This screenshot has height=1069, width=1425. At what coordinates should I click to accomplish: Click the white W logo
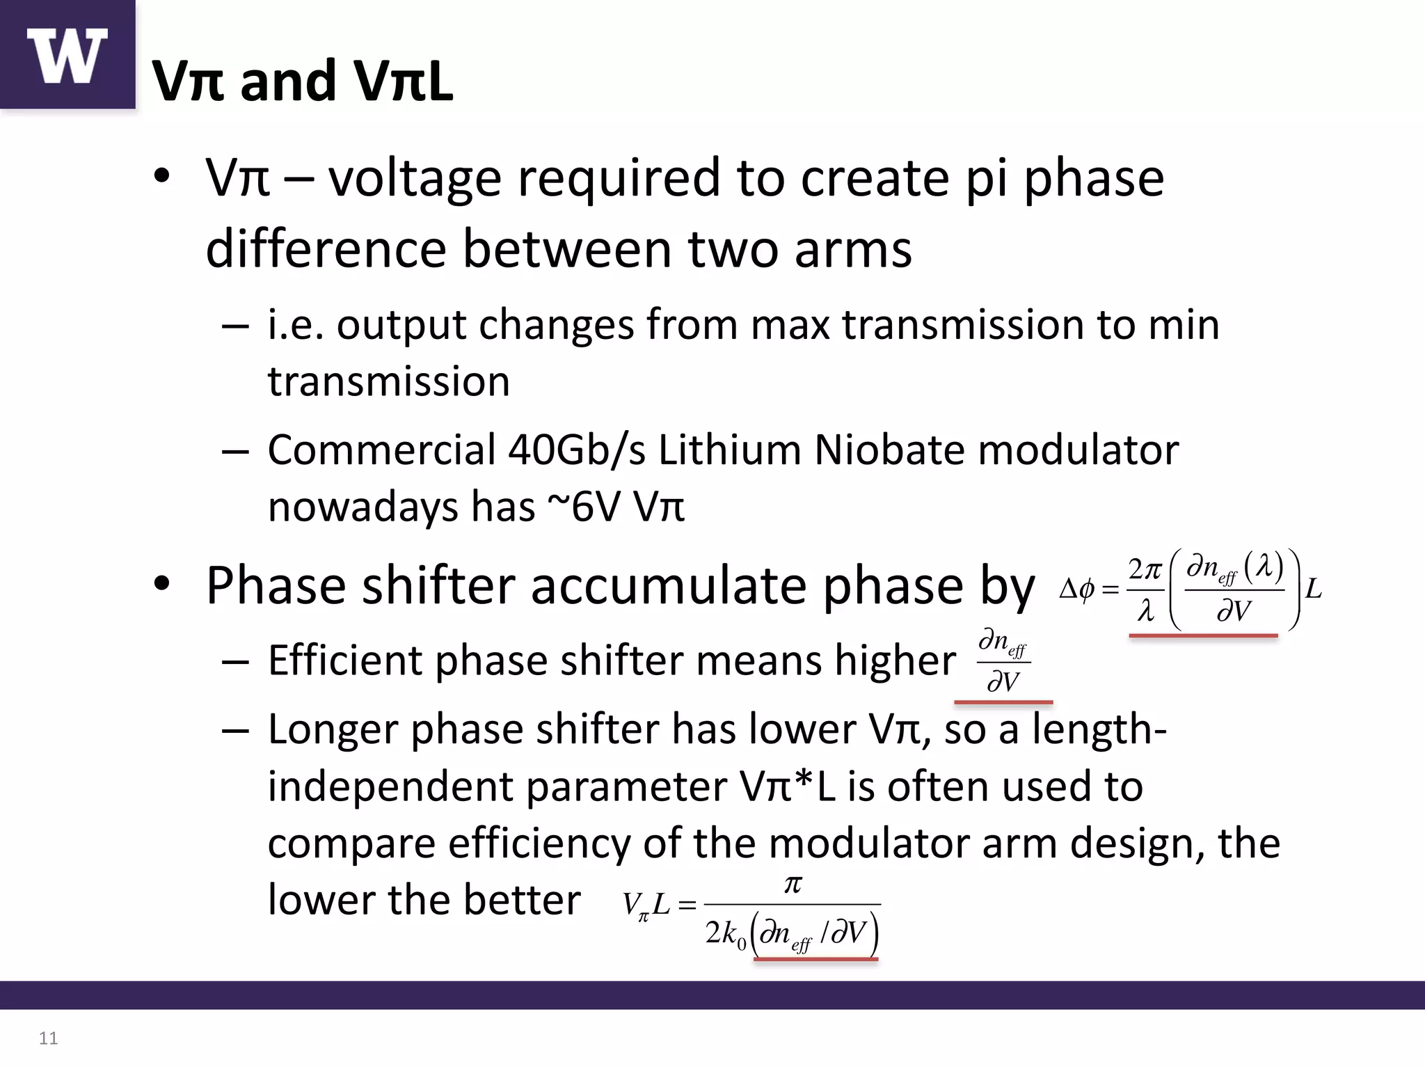67,56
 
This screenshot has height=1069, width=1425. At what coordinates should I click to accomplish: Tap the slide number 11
48,1038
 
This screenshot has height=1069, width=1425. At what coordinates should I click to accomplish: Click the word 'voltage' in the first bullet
415,179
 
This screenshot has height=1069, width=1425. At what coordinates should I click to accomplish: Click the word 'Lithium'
729,450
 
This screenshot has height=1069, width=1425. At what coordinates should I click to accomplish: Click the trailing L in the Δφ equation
1313,589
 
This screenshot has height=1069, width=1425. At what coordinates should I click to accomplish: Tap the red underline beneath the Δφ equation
1203,635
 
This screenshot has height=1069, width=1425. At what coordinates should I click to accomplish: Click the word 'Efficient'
344,660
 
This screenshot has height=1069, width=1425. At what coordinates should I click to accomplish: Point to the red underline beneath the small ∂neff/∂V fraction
1003,702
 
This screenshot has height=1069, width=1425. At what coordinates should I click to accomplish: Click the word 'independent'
390,787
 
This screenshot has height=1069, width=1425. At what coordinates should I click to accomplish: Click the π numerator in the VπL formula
793,884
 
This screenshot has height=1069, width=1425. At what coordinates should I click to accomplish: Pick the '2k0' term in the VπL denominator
725,933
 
